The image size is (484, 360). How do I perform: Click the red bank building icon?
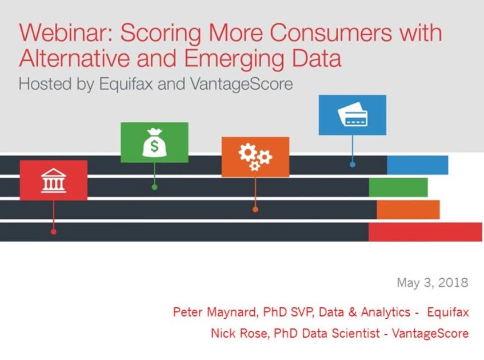pyautogui.click(x=53, y=181)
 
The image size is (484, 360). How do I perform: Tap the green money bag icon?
pyautogui.click(x=154, y=142)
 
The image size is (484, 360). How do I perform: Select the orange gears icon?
pyautogui.click(x=255, y=157)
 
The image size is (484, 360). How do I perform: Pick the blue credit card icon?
pyautogui.click(x=353, y=115)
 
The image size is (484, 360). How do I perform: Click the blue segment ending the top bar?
pyautogui.click(x=417, y=165)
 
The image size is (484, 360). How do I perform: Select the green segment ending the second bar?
pyautogui.click(x=398, y=187)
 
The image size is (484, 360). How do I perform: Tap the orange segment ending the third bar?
pyautogui.click(x=408, y=210)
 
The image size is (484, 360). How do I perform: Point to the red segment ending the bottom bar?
pyautogui.click(x=425, y=232)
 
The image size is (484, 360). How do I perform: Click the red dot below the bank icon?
pyautogui.click(x=53, y=231)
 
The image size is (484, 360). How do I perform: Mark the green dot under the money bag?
pyautogui.click(x=155, y=187)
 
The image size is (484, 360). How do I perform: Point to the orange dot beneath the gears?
pyautogui.click(x=255, y=209)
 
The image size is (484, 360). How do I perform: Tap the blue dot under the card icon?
pyautogui.click(x=353, y=165)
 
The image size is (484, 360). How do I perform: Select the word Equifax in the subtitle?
pyautogui.click(x=126, y=85)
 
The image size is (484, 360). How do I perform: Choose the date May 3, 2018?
pyautogui.click(x=433, y=282)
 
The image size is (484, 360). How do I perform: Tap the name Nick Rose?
pyautogui.click(x=239, y=334)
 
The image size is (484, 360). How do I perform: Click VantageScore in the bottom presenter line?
pyautogui.click(x=430, y=334)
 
